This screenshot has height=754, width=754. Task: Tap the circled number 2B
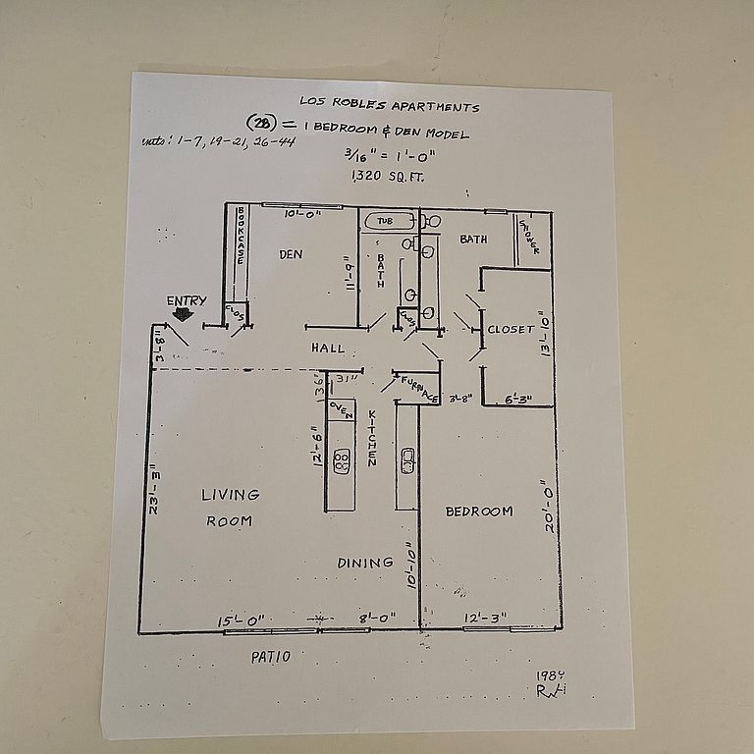[262, 123]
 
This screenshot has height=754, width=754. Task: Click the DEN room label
[291, 254]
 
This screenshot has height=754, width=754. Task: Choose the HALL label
[328, 348]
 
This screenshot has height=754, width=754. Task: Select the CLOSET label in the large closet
[512, 330]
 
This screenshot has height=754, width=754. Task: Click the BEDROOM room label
[479, 512]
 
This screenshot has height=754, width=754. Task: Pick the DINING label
[365, 563]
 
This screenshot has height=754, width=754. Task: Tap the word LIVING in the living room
[231, 495]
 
